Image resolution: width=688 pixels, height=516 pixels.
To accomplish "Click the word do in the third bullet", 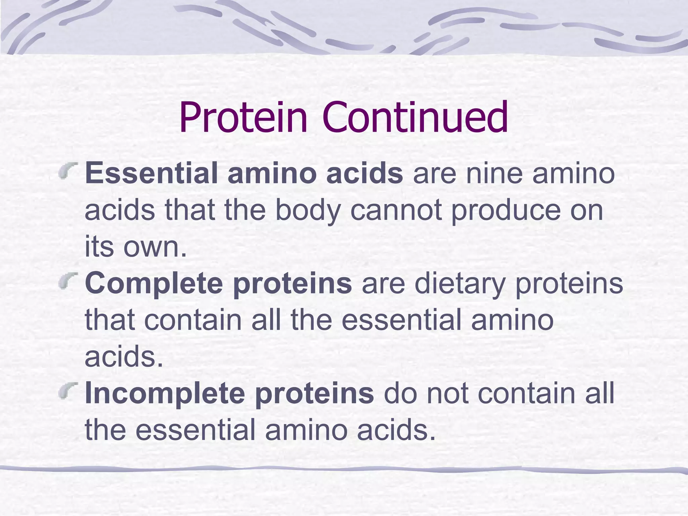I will pyautogui.click(x=400, y=393).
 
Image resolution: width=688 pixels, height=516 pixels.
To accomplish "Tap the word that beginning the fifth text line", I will pyautogui.click(x=109, y=320).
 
